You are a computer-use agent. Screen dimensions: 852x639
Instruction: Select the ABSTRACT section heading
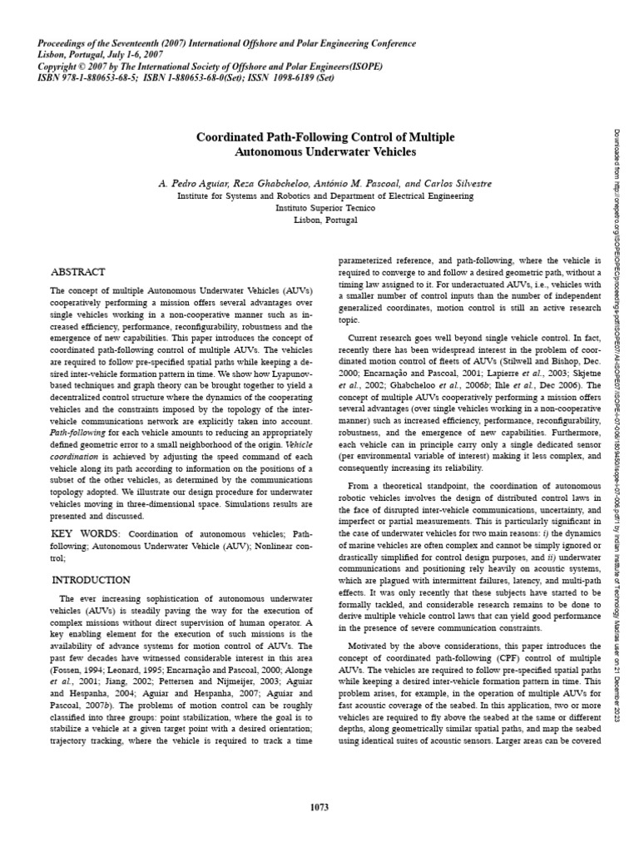click(78, 272)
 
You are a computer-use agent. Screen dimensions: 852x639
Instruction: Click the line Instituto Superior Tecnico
click(325, 208)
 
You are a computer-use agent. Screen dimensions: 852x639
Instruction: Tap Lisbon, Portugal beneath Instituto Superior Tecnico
click(325, 220)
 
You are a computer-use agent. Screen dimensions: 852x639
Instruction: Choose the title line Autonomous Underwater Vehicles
click(324, 153)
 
